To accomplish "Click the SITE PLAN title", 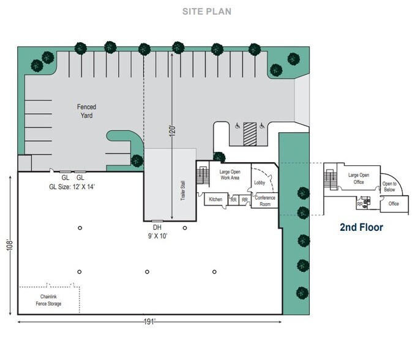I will point(207,12).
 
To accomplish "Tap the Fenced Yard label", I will point(86,111).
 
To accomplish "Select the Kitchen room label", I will point(215,200).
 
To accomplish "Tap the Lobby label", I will point(259,182).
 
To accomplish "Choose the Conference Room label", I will point(264,201).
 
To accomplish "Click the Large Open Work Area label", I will point(229,174).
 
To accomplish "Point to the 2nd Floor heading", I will point(361,228).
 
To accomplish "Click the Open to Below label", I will point(389,187).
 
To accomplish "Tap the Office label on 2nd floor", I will point(393,204).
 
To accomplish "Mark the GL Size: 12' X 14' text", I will point(73,185).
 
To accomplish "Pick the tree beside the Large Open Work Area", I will point(219,157).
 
